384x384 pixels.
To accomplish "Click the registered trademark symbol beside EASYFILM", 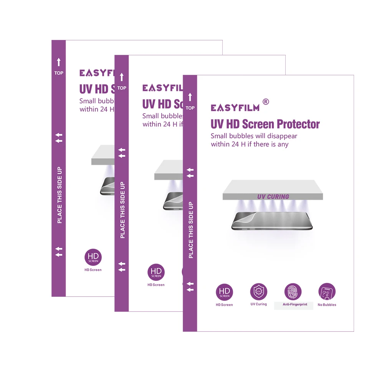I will coord(265,102).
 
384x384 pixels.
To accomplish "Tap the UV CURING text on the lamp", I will coord(273,197).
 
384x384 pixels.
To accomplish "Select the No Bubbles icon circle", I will coord(327,292).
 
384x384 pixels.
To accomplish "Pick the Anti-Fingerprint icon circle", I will coord(293,292).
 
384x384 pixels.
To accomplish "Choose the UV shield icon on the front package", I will coord(258,292).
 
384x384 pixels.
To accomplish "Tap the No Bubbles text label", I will coord(327,305).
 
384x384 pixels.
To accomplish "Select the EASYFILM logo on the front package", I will coord(235,108).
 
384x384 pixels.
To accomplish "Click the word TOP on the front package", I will coord(190,108).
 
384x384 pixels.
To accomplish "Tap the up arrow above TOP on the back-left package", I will coord(59,62).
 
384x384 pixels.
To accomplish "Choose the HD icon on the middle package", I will coord(156,272).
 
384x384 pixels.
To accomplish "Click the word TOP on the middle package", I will coord(122,88).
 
